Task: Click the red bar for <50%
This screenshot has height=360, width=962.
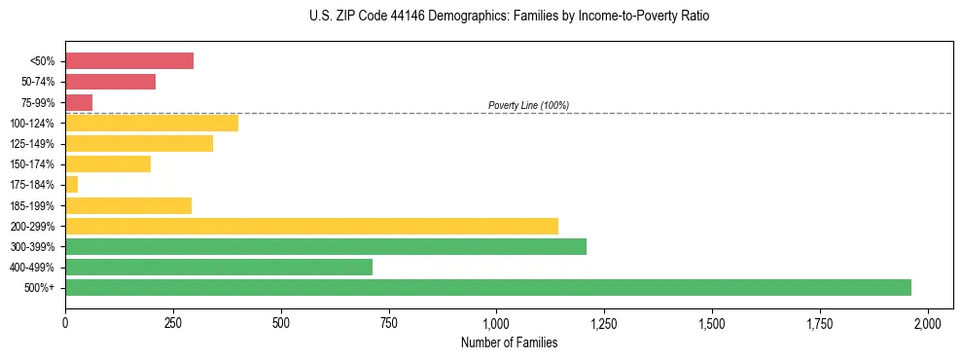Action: coord(129,61)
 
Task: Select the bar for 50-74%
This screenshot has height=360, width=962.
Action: coord(110,82)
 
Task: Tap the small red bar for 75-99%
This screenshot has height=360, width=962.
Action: coord(79,102)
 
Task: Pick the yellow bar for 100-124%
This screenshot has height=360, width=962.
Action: coord(152,123)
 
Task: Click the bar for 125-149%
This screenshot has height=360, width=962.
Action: coord(139,143)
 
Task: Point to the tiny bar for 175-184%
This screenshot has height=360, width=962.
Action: coord(72,184)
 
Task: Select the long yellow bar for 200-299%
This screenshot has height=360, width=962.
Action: coord(311,226)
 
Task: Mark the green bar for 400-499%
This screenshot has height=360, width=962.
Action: coord(219,267)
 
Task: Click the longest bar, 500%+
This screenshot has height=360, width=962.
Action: coord(488,287)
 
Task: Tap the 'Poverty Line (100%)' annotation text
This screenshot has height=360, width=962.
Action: coord(528,105)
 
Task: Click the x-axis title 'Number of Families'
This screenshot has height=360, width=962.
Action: coord(509,342)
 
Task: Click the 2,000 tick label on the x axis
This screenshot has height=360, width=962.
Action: coord(928,322)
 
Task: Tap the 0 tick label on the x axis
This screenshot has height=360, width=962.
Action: coord(65,322)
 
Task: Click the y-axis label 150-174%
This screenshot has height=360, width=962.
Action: coord(33,164)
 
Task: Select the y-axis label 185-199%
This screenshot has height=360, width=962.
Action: coord(33,205)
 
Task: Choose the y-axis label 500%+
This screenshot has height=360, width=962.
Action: coord(40,288)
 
